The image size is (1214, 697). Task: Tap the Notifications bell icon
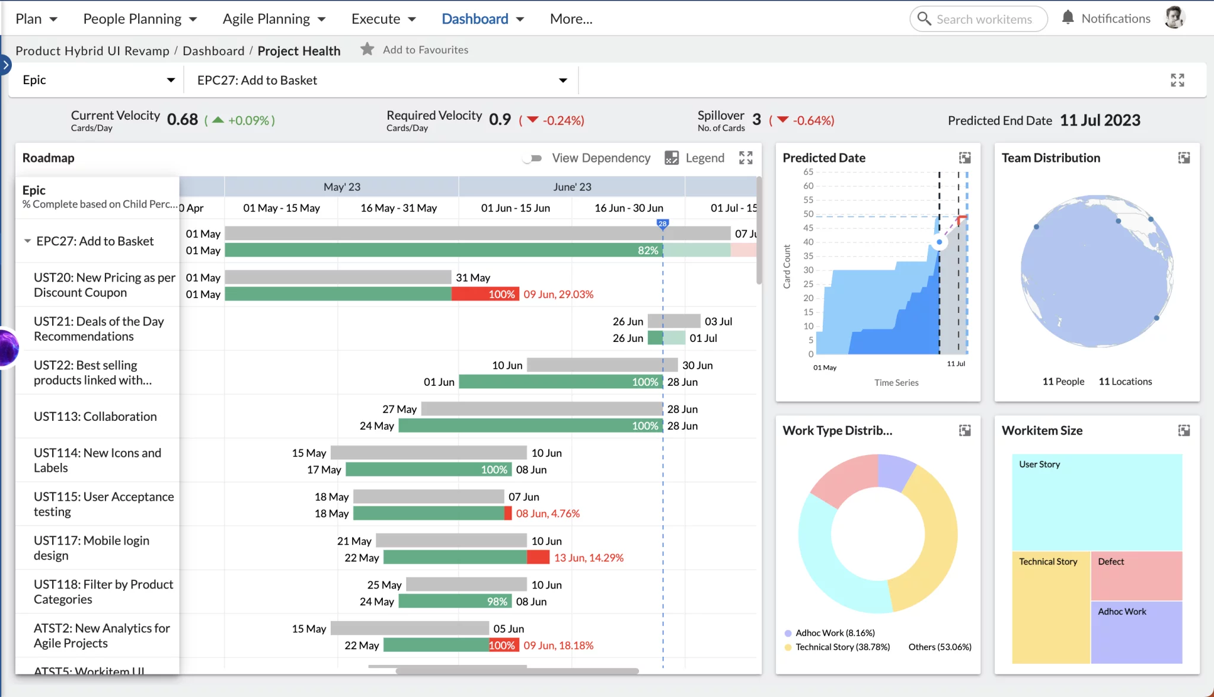coord(1068,18)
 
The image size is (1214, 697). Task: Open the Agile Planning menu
coord(274,19)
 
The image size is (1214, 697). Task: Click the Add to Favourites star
coord(368,49)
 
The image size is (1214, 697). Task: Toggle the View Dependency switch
coord(532,158)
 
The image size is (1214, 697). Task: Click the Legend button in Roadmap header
coord(695,158)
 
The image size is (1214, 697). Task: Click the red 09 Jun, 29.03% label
coord(558,295)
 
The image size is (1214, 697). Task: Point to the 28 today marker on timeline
coord(663,223)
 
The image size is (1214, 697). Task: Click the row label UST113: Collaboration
coord(95,417)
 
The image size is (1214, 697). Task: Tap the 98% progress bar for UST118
coord(454,602)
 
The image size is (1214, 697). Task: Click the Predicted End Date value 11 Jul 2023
coord(1100,120)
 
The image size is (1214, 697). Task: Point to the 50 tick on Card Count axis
coord(809,214)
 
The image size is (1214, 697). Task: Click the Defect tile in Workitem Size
coord(1136,575)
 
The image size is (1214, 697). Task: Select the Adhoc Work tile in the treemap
coord(1136,632)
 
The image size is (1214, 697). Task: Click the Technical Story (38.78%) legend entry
coord(842,647)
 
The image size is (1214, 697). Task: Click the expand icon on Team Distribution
coord(1184,158)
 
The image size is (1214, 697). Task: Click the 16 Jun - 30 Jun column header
coord(629,208)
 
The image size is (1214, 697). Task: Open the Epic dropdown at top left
coord(98,80)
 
